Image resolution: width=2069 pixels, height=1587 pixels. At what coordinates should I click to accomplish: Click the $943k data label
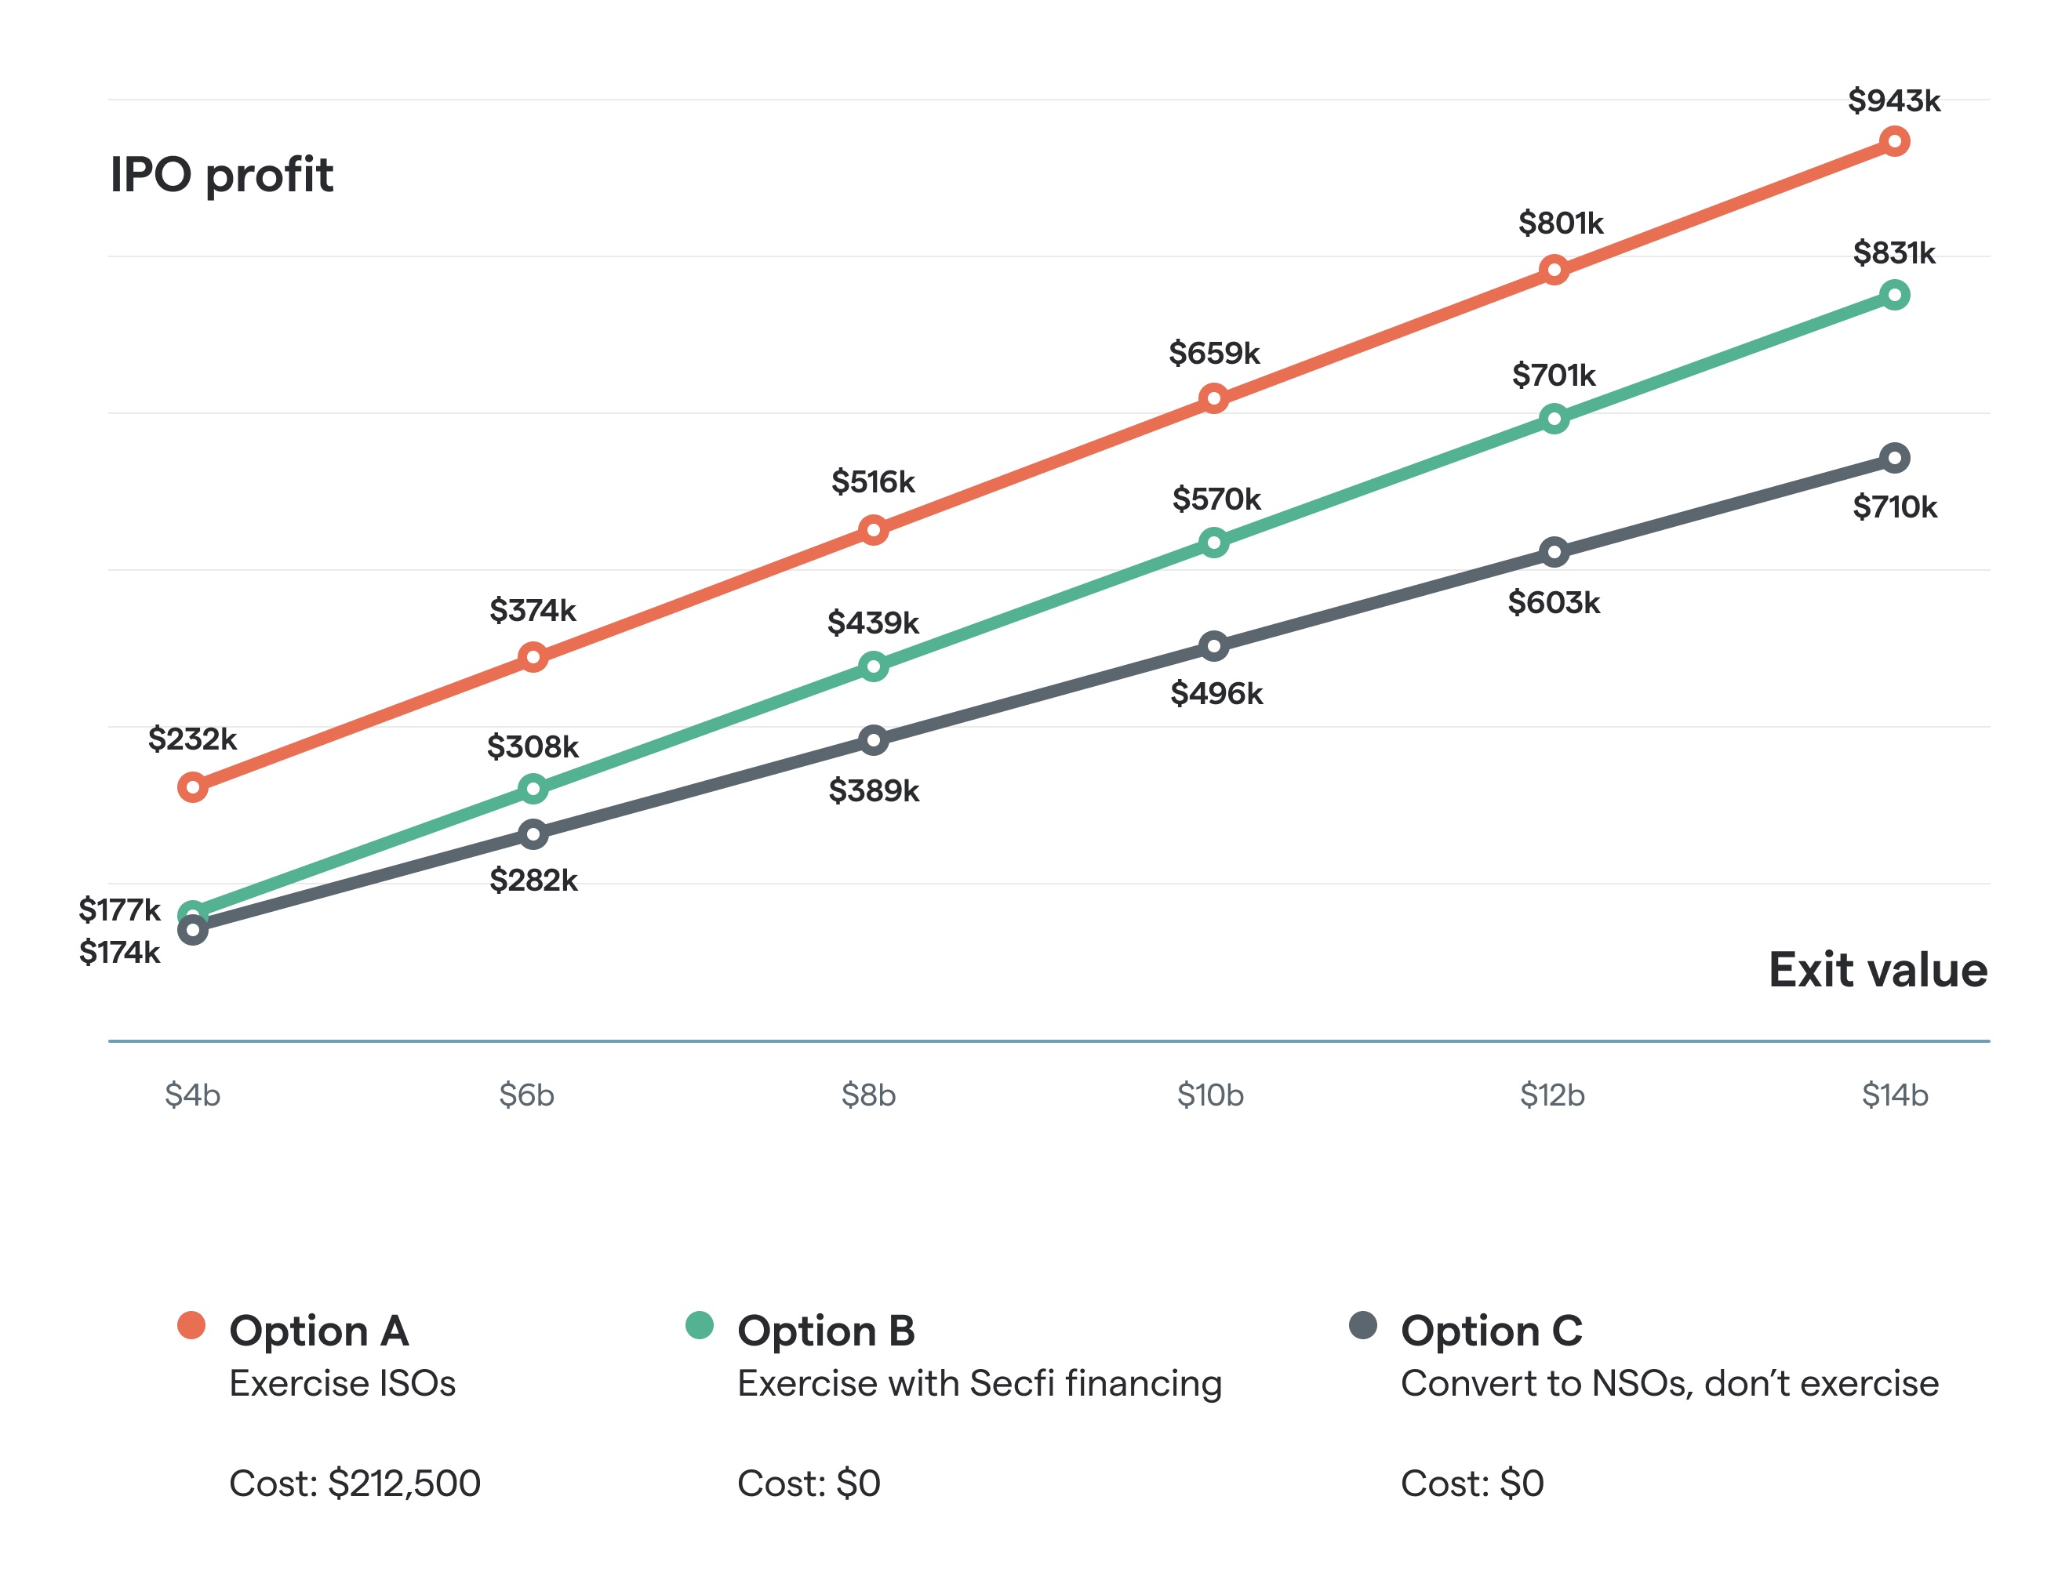point(1893,100)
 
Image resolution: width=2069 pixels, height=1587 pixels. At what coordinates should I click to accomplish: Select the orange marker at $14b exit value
point(1894,142)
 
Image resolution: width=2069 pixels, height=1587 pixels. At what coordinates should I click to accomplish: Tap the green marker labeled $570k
point(1214,543)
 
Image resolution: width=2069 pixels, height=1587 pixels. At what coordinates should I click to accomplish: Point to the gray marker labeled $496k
point(1214,647)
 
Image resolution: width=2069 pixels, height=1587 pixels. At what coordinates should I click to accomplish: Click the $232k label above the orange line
point(192,739)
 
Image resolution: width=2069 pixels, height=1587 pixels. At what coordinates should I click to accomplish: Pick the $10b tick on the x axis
point(1210,1095)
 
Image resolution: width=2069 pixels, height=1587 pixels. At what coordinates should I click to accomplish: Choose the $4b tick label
point(192,1095)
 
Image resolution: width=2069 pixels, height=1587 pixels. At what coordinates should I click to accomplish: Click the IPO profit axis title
point(221,175)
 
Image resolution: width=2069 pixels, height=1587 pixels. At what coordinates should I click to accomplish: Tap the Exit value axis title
point(1877,970)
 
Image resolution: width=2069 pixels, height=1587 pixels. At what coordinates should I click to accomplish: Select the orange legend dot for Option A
point(192,1325)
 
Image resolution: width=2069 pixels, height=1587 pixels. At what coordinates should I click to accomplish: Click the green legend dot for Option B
point(699,1325)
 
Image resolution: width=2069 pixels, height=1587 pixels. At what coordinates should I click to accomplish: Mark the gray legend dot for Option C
point(1362,1325)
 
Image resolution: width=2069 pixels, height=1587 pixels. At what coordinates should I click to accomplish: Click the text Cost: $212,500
point(355,1483)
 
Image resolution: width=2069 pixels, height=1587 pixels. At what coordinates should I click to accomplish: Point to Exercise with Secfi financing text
point(979,1383)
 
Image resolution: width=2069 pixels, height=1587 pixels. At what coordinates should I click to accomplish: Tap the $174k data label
point(120,952)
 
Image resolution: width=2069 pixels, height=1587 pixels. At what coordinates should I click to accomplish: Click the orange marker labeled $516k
point(874,530)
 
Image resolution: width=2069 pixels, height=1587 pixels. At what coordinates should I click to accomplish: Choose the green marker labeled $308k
point(533,789)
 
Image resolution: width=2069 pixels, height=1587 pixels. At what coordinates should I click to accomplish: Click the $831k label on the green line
point(1893,253)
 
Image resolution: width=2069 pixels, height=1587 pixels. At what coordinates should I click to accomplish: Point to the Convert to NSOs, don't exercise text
point(1669,1383)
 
